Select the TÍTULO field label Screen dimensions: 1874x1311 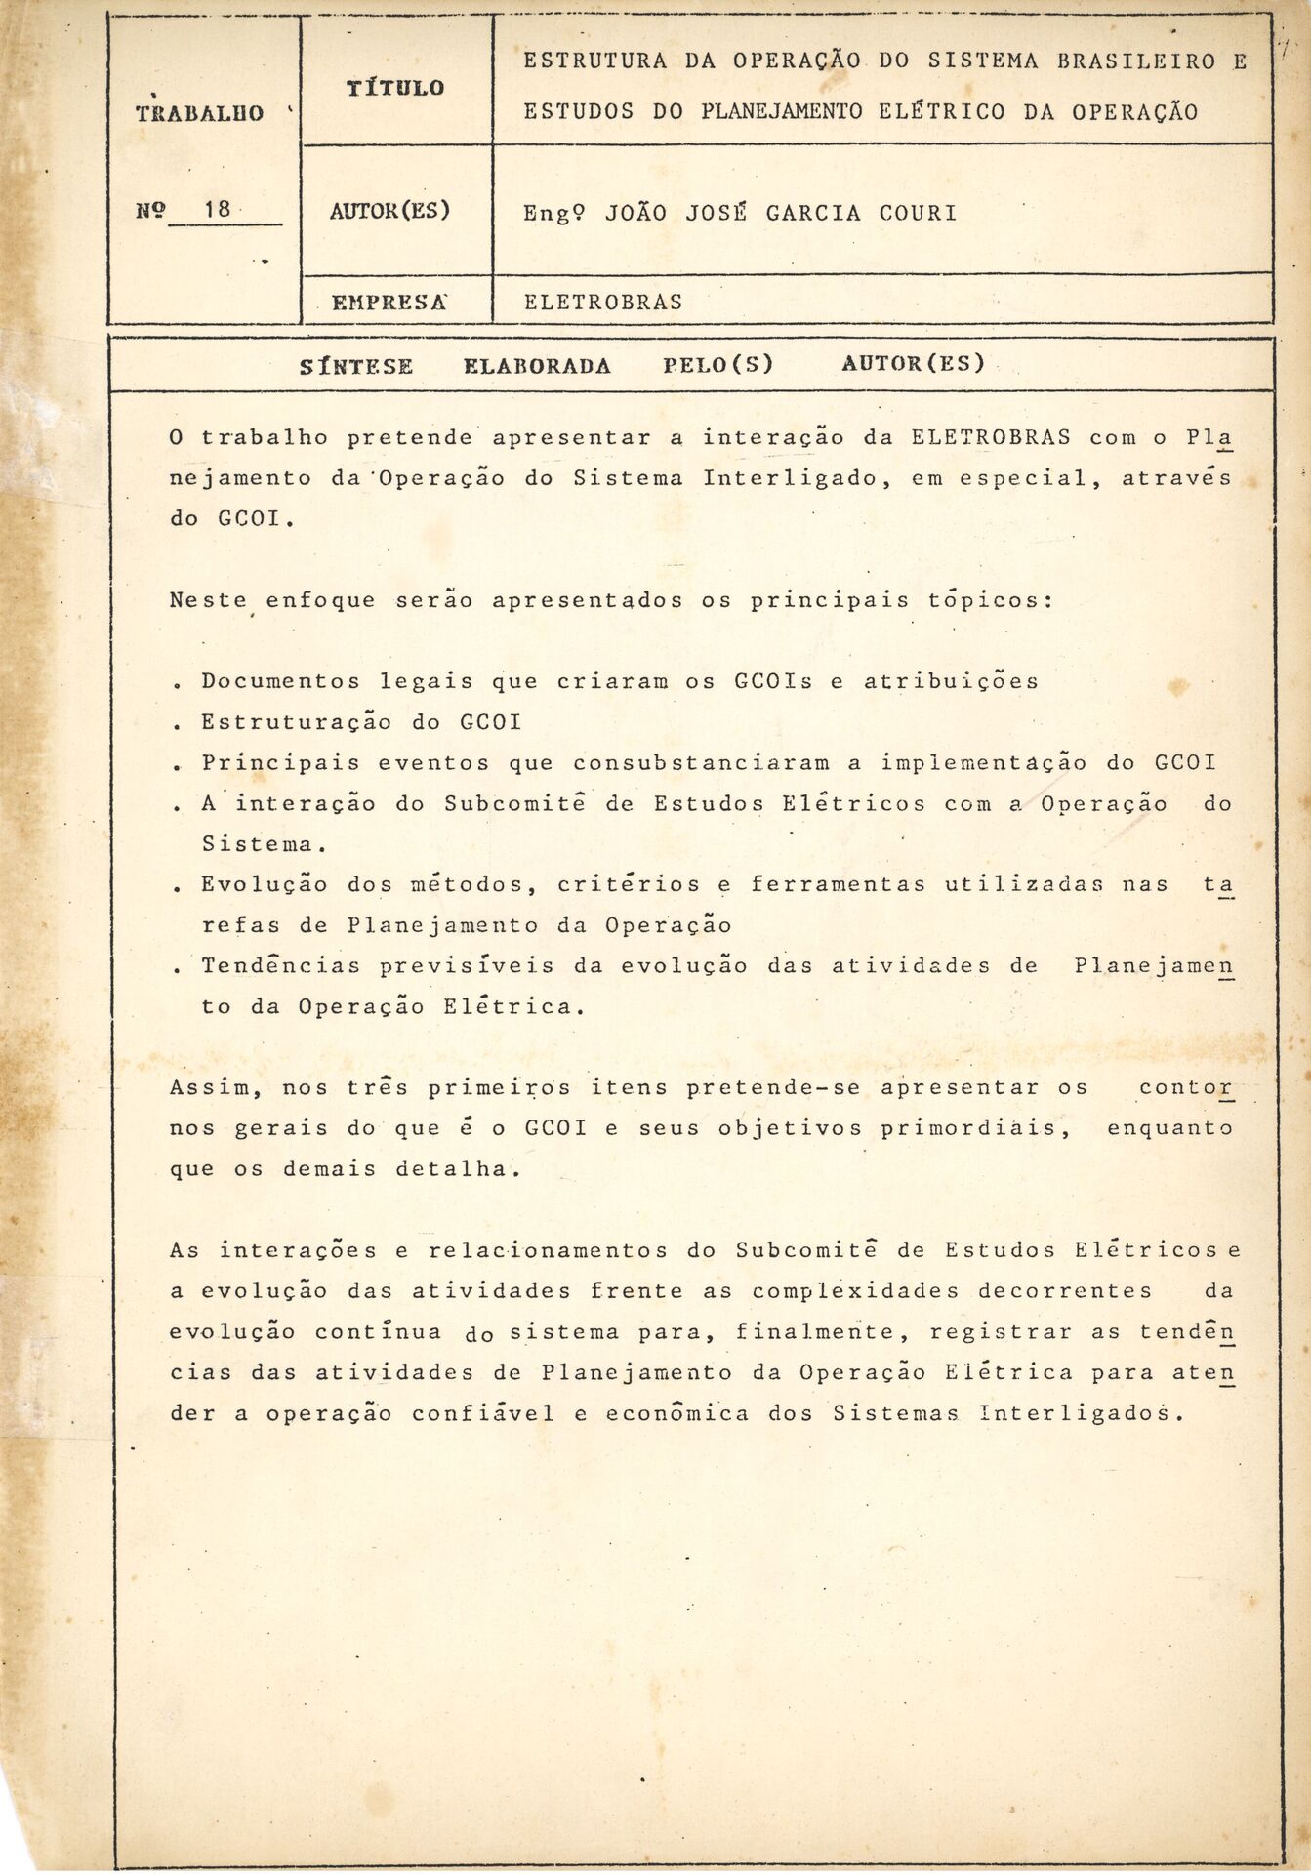point(395,88)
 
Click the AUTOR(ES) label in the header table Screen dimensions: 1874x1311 point(390,210)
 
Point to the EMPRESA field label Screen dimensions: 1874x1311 point(389,303)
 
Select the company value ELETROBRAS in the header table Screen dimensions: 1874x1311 point(603,303)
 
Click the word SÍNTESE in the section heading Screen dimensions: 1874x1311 point(356,366)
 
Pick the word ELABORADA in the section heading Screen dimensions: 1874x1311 point(537,366)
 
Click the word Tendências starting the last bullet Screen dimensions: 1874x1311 point(282,965)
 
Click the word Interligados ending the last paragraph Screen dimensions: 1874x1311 point(1079,1413)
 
